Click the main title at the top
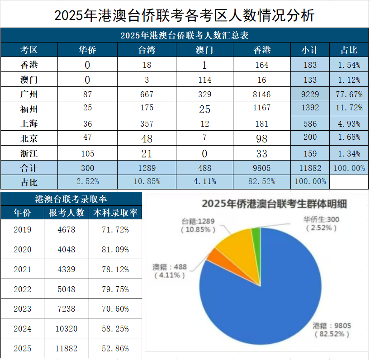tap(185, 15)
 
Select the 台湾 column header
tap(147, 50)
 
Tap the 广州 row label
tap(29, 95)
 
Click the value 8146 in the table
tap(262, 95)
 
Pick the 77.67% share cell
tap(349, 95)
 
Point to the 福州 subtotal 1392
tap(310, 108)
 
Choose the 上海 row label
tap(29, 123)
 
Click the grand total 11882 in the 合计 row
tap(310, 168)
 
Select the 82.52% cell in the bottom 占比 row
tap(262, 181)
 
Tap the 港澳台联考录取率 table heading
tap(71, 199)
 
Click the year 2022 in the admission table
tap(23, 289)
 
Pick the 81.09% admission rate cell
tap(115, 249)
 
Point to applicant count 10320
tap(66, 329)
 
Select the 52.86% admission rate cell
tap(115, 349)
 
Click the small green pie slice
tap(256, 233)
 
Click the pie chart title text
tap(274, 204)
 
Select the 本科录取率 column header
tap(115, 213)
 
